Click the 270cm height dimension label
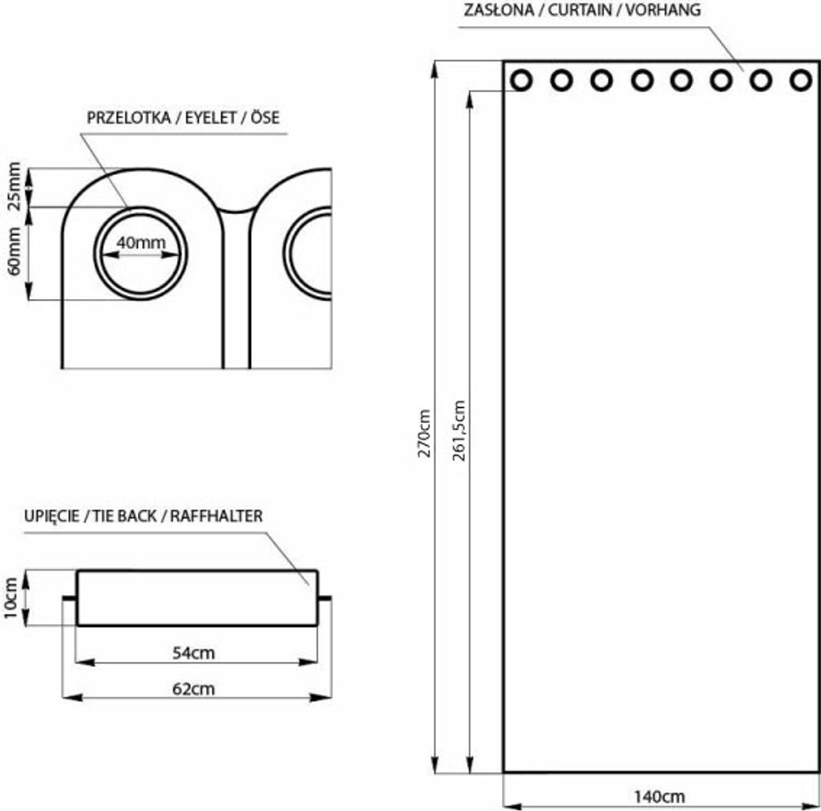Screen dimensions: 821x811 pyautogui.click(x=424, y=432)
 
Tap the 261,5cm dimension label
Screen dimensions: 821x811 pyautogui.click(x=459, y=430)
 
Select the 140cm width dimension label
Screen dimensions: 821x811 pyautogui.click(x=659, y=797)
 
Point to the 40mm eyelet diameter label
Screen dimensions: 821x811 pyautogui.click(x=141, y=242)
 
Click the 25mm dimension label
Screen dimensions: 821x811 pyautogui.click(x=14, y=186)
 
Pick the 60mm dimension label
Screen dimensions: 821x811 pyautogui.click(x=14, y=251)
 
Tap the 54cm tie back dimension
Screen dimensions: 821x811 pyautogui.click(x=194, y=653)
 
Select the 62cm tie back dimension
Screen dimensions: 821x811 pyautogui.click(x=194, y=688)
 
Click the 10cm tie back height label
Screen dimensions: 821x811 pyautogui.click(x=11, y=598)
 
